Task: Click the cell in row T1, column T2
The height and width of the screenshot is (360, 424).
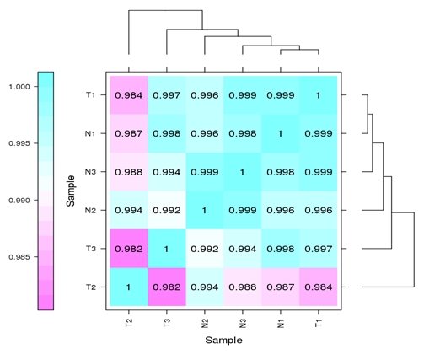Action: pyautogui.click(x=128, y=94)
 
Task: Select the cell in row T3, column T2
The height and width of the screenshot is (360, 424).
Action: pyautogui.click(x=128, y=249)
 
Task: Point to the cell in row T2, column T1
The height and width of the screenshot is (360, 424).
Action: pyautogui.click(x=319, y=287)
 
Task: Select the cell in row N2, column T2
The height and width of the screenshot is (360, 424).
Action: pyautogui.click(x=128, y=210)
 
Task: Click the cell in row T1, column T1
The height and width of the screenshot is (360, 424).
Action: pyautogui.click(x=319, y=94)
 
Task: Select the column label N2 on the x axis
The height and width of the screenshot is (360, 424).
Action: pyautogui.click(x=205, y=322)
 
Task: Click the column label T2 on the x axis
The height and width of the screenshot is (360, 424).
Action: pyautogui.click(x=128, y=322)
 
